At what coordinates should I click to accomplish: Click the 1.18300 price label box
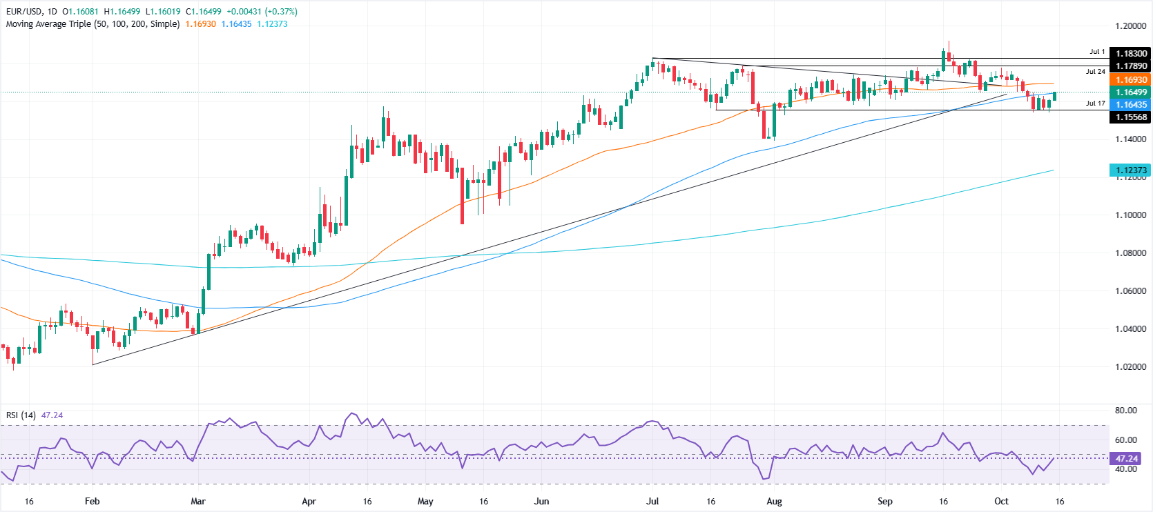1130,53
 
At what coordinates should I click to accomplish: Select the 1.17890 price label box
1130,66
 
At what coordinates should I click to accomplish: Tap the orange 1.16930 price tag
1130,80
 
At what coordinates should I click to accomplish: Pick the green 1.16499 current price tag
1130,92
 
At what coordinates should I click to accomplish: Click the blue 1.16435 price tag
1130,105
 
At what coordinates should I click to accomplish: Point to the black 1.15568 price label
1130,117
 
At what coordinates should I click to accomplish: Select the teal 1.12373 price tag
1130,170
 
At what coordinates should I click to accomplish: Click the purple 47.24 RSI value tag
1125,458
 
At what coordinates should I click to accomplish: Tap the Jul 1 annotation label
1097,52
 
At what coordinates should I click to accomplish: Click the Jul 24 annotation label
1095,72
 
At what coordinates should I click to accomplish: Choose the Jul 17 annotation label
1095,104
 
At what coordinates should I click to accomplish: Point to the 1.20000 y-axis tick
1130,26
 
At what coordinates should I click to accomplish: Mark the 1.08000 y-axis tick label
1130,253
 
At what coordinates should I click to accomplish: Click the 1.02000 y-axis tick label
1130,367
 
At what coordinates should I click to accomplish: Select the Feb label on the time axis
92,501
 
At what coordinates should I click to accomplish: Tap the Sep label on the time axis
884,501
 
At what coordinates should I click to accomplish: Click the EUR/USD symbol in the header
24,12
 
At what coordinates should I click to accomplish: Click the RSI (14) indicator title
21,415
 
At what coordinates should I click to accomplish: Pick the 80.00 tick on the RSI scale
1125,411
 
